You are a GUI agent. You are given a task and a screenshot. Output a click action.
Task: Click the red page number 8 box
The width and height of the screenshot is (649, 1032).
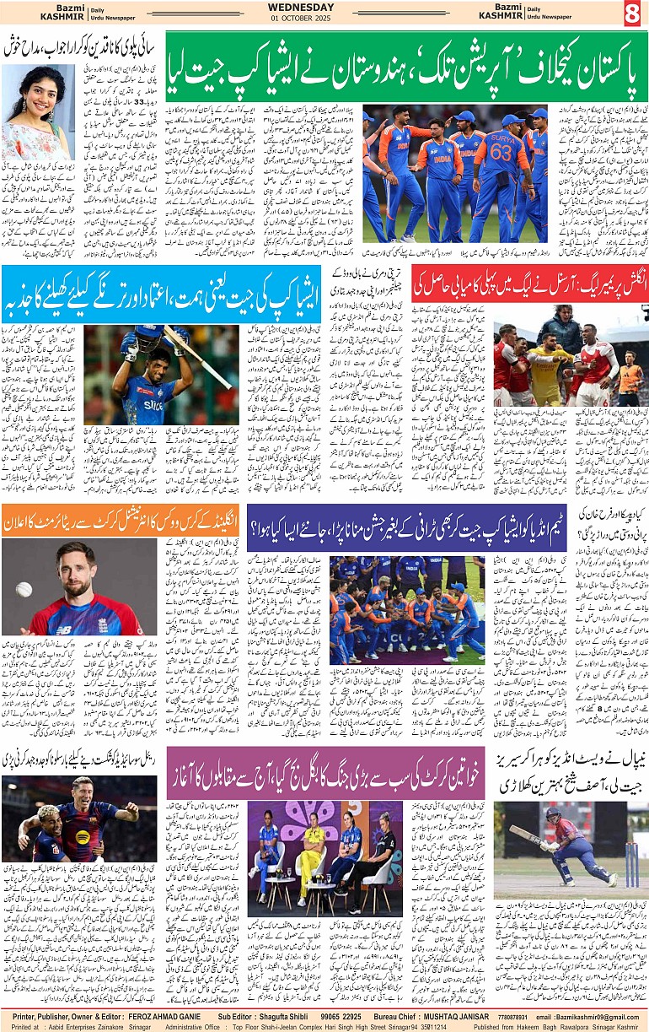click(632, 14)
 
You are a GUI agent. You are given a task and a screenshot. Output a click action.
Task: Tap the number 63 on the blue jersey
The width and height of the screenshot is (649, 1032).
click(501, 153)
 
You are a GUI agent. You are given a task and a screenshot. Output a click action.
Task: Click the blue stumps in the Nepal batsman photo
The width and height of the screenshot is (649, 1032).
click(632, 861)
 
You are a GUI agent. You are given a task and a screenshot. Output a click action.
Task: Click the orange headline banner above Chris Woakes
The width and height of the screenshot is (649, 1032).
click(79, 520)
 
